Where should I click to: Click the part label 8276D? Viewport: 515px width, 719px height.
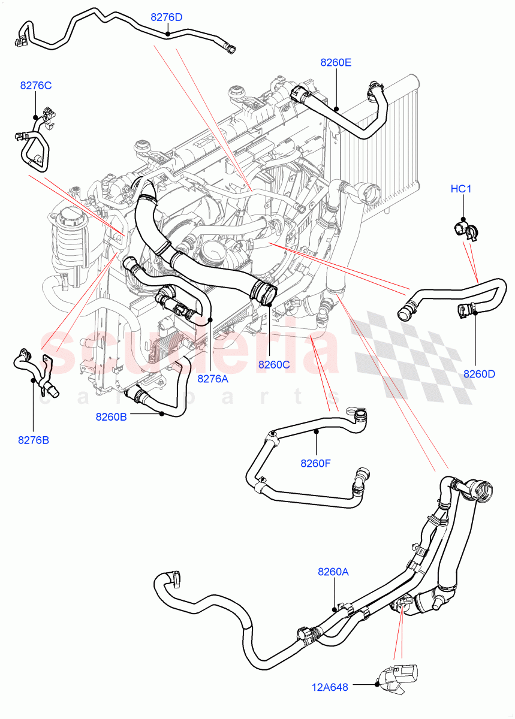166,17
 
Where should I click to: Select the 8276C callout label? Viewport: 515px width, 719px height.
36,85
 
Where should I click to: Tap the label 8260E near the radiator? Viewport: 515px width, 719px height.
336,62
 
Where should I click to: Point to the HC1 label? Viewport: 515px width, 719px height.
462,189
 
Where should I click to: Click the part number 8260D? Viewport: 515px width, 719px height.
479,374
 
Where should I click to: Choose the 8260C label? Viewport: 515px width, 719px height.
274,364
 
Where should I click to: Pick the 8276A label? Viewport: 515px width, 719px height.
213,379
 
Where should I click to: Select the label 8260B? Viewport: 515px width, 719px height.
111,416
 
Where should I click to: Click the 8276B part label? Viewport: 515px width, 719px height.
34,440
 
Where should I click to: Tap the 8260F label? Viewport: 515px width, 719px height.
316,462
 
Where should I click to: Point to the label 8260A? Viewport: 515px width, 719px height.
333,572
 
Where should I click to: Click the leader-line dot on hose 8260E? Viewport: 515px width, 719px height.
337,110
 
